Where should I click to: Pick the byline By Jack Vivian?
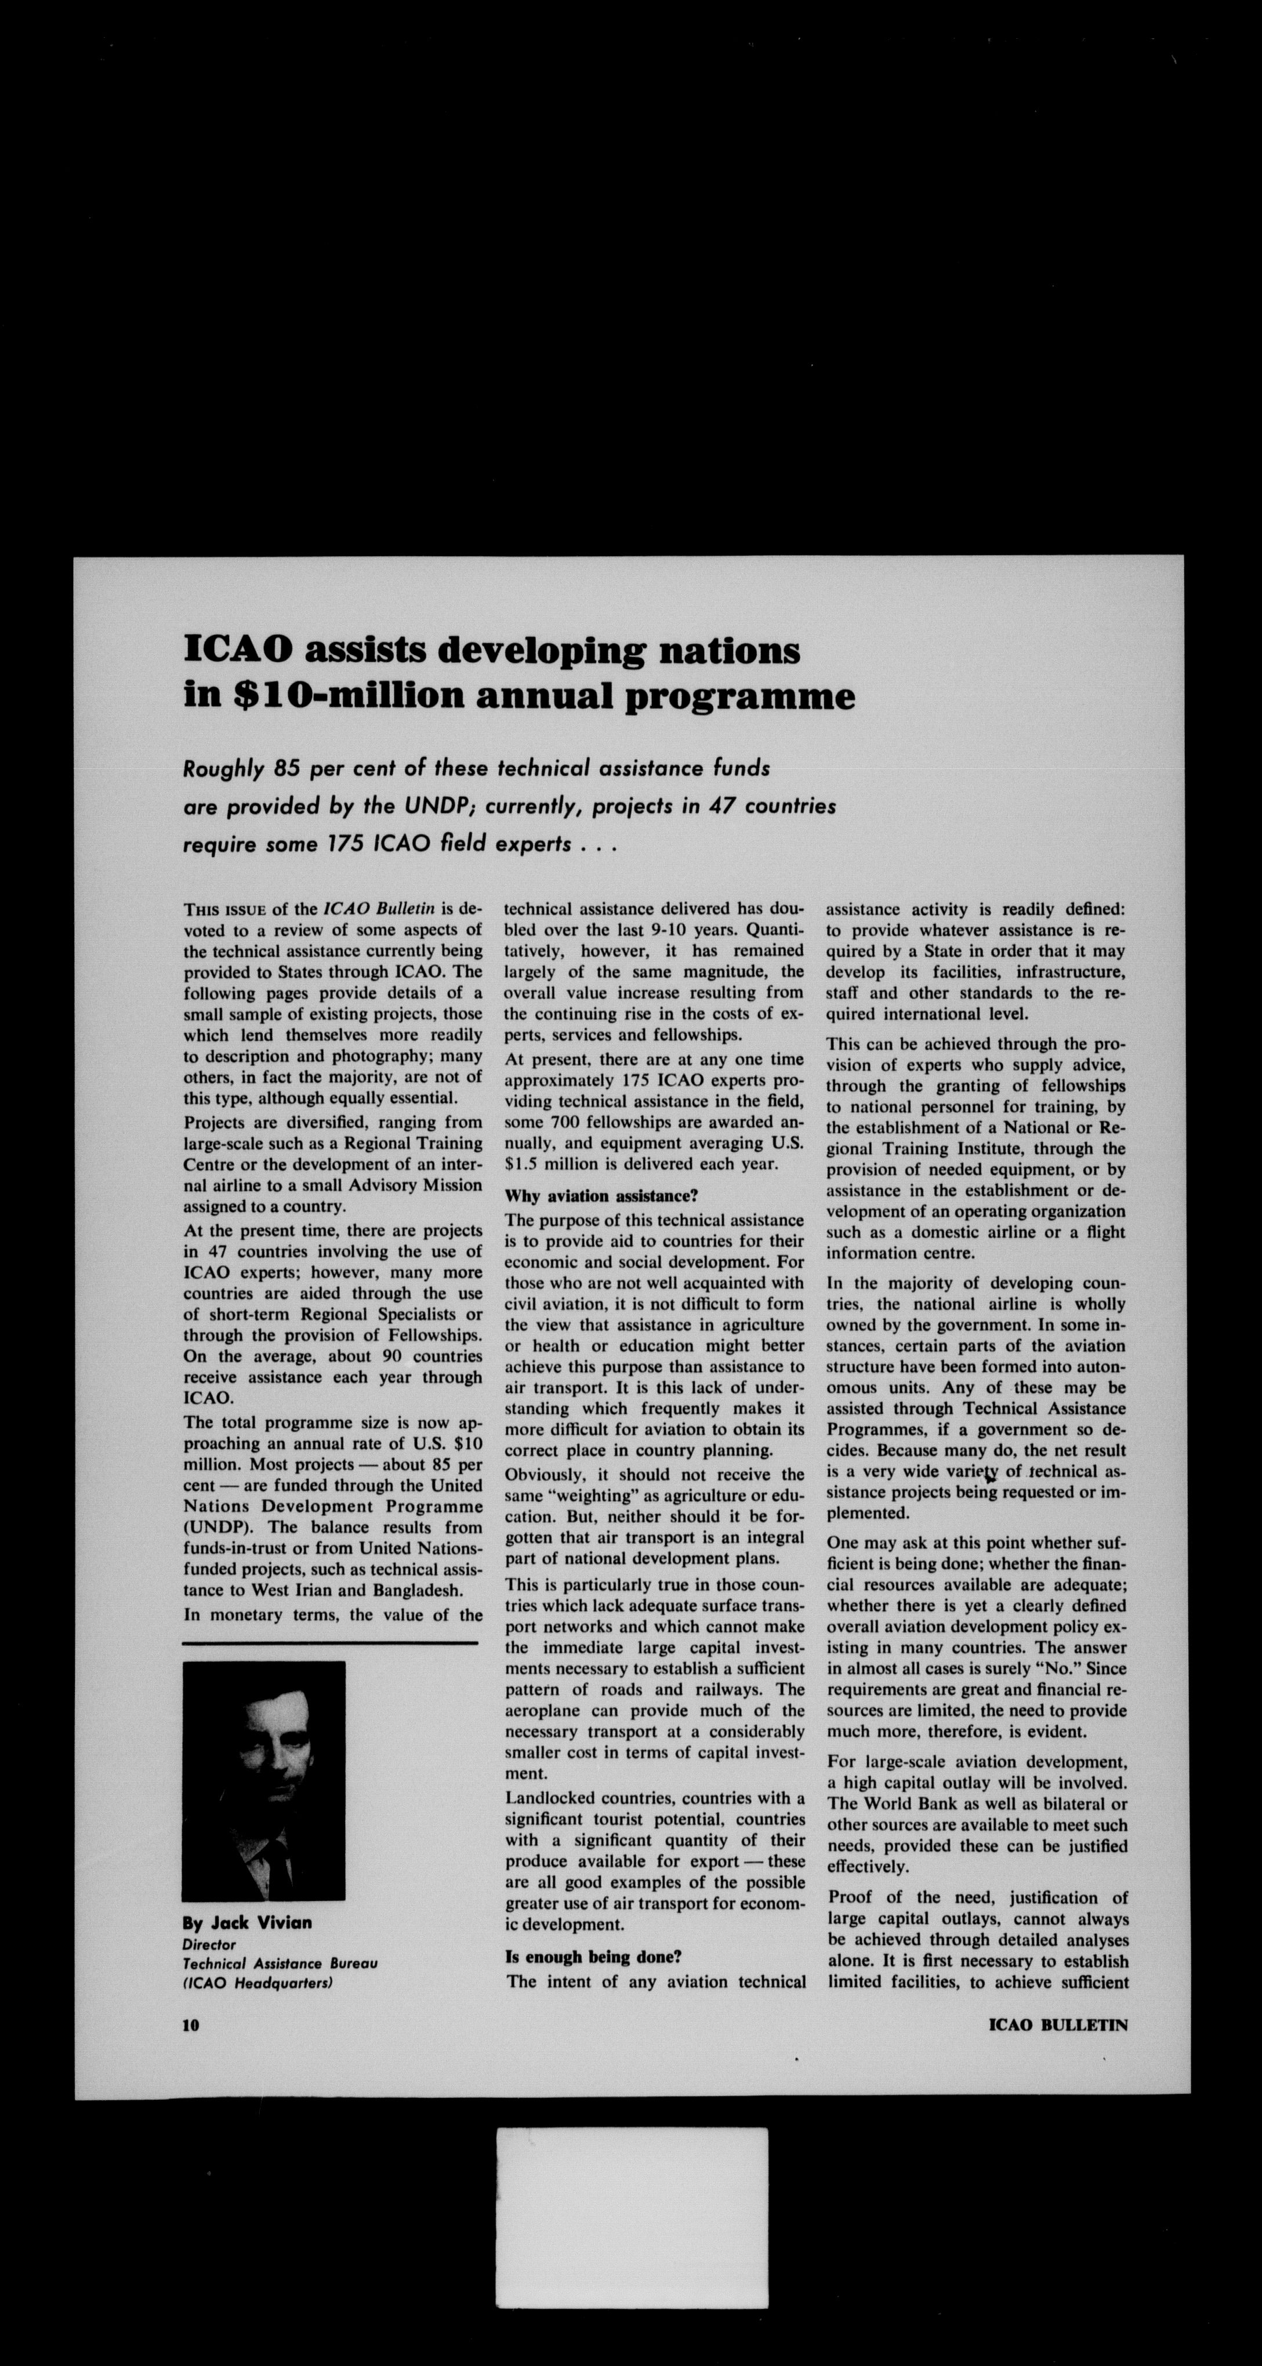coord(247,1922)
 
